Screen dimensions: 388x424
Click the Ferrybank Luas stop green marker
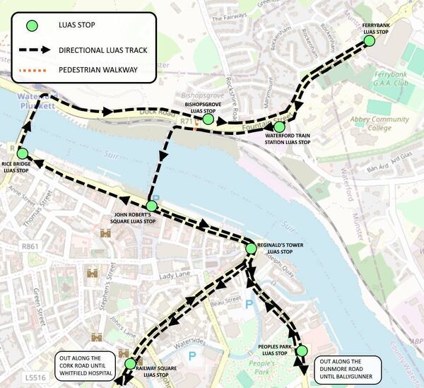point(369,42)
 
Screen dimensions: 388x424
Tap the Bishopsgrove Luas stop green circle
point(208,119)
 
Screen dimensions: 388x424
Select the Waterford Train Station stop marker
point(279,127)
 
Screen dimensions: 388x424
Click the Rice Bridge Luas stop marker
point(22,153)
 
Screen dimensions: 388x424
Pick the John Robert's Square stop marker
point(151,205)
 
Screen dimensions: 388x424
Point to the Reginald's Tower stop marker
point(250,248)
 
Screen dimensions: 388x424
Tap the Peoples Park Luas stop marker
point(302,351)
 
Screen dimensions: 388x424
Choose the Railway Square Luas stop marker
point(129,363)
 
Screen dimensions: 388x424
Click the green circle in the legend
point(30,28)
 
